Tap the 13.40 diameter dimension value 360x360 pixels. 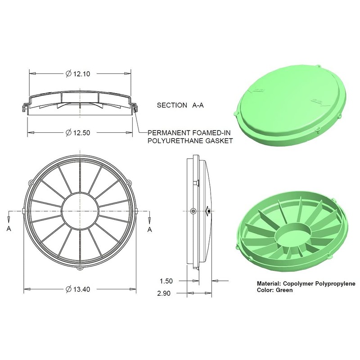81,289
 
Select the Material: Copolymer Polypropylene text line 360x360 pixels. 306,284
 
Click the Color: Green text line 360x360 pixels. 274,290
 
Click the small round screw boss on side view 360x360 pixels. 193,211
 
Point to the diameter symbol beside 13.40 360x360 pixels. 68,289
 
